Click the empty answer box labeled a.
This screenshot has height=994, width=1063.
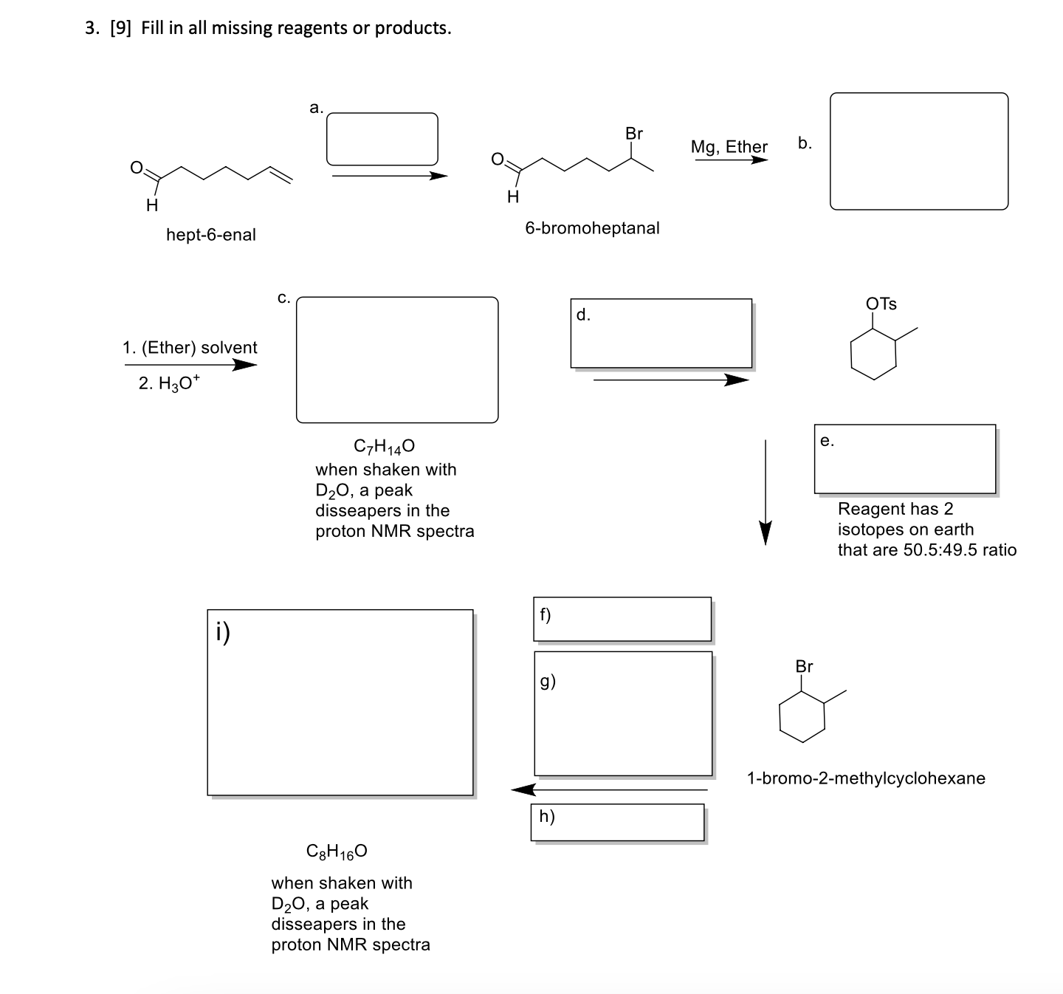(x=382, y=139)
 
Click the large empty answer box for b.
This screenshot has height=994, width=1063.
(x=918, y=151)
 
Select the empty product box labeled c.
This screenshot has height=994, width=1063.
(x=397, y=360)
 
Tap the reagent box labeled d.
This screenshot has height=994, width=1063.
(x=661, y=333)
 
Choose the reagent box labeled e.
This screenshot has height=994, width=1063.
(x=904, y=459)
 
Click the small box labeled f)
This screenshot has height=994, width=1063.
(x=622, y=619)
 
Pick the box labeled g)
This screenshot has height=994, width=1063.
(x=623, y=713)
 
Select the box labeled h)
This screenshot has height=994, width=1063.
(x=617, y=822)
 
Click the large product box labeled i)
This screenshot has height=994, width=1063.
(x=340, y=702)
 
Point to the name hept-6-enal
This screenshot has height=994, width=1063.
(x=211, y=235)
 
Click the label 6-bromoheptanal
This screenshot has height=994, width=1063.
(x=592, y=228)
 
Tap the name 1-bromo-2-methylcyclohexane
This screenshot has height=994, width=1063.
(x=866, y=778)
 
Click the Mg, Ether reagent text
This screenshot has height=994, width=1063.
(x=729, y=147)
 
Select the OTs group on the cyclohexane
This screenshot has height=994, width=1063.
(x=881, y=304)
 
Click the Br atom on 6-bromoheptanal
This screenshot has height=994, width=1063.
(x=633, y=134)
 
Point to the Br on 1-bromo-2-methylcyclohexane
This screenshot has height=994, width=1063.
(x=804, y=666)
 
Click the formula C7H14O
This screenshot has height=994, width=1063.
(x=384, y=446)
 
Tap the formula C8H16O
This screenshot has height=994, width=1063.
(x=337, y=851)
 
